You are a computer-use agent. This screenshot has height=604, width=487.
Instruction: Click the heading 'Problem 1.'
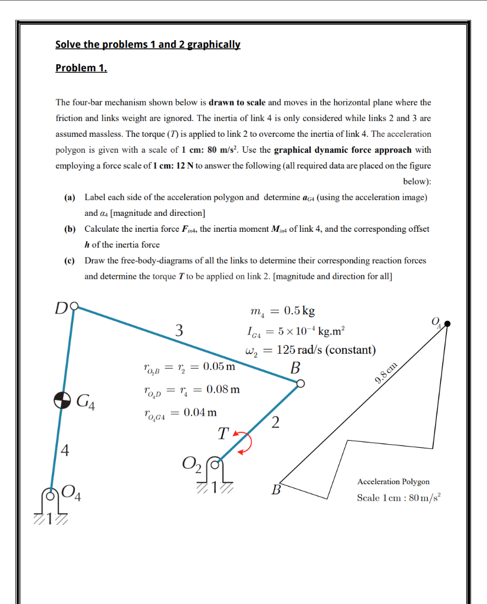coord(81,68)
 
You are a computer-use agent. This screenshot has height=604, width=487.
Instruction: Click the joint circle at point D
coord(73,308)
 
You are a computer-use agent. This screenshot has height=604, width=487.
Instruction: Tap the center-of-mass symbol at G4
coord(62,400)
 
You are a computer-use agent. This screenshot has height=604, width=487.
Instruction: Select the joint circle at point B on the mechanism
coord(300,383)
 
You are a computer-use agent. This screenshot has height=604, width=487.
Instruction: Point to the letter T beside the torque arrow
coord(222,435)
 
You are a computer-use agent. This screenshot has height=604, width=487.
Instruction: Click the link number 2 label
coord(275,422)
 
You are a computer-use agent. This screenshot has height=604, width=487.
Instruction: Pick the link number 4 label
coord(65,452)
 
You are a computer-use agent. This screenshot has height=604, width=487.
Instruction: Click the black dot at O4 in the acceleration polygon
coord(447,324)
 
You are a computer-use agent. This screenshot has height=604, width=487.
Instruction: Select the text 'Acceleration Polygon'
coord(393,482)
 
